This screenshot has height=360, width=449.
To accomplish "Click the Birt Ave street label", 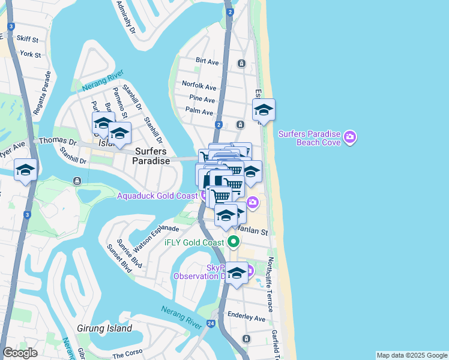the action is (207, 61).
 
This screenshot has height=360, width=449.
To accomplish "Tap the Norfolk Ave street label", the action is (199, 87).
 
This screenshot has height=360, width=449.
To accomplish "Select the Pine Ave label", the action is (202, 100).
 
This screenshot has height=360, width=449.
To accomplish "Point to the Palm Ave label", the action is (199, 112).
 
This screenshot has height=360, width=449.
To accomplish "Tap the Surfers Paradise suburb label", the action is (150, 156).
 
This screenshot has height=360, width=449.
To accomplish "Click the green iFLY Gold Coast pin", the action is (234, 242).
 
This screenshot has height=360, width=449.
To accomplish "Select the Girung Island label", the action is (104, 329).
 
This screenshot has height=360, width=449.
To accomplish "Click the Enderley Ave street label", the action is (246, 319).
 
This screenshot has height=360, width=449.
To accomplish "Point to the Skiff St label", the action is (28, 40).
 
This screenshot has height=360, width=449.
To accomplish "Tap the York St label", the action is (30, 55).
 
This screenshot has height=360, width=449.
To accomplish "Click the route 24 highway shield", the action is (211, 323).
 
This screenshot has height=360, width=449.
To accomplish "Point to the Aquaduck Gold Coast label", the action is (157, 196).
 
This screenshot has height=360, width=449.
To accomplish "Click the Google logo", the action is (20, 353).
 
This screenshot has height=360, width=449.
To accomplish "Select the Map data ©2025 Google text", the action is (411, 355).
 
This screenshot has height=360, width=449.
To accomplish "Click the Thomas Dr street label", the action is (58, 142).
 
